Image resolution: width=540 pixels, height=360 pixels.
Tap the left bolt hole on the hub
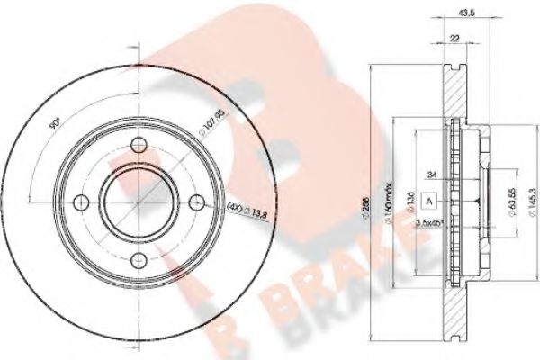click(x=79, y=202)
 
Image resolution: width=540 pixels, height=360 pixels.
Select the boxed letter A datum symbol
click(x=430, y=200)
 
